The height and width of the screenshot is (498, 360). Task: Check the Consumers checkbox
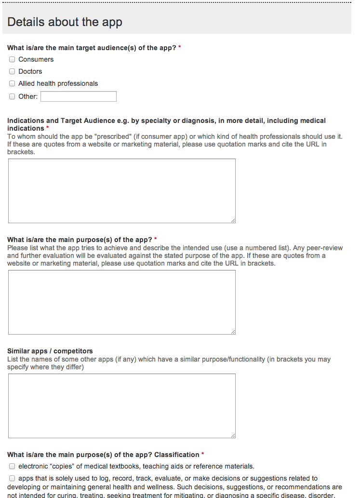pos(12,60)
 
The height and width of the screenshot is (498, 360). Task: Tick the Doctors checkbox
pos(12,72)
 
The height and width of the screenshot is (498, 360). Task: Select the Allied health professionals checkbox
pos(12,84)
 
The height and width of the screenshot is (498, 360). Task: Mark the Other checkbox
pos(12,96)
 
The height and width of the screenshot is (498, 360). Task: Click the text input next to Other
pos(78,96)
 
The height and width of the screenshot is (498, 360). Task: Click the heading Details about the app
pos(65,22)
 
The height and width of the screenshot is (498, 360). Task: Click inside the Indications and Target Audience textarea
pos(121,190)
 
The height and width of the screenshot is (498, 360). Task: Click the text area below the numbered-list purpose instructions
pos(121,302)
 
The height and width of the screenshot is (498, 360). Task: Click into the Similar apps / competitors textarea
pos(121,405)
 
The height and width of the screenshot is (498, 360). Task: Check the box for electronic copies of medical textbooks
pos(12,467)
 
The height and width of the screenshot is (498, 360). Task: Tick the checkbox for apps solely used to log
pos(12,479)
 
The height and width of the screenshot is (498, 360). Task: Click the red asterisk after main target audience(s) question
pos(180,48)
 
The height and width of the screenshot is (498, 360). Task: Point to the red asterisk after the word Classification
pos(203,455)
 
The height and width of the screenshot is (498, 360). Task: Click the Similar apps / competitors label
pos(50,351)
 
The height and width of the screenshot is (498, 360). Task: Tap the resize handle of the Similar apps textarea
pos(233,435)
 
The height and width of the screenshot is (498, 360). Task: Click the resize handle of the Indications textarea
pos(233,220)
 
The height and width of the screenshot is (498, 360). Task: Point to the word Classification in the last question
pos(176,455)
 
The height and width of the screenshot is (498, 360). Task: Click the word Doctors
pos(30,72)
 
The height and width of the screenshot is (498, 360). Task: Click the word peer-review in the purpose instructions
pos(325,248)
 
